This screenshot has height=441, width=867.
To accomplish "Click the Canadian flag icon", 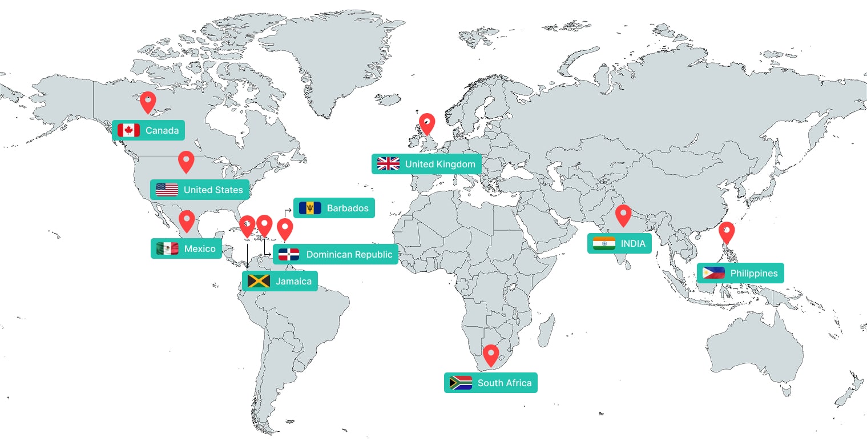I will click(x=128, y=131).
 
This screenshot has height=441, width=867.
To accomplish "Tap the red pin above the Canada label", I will click(x=148, y=102).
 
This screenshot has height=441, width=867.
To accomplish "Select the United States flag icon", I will click(x=167, y=190).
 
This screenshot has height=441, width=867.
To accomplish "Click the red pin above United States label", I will click(x=186, y=161).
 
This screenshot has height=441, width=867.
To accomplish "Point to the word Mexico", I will click(x=200, y=248).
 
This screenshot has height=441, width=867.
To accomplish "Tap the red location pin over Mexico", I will click(x=187, y=220).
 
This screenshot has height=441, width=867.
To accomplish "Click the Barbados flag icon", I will click(x=310, y=208).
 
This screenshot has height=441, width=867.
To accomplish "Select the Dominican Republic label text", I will click(x=349, y=254).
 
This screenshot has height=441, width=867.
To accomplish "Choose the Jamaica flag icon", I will click(x=259, y=281).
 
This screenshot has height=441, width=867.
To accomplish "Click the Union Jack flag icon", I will click(x=388, y=164).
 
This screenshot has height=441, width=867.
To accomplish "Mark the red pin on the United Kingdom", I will click(x=426, y=123).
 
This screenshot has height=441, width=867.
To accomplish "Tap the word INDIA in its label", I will click(x=633, y=243).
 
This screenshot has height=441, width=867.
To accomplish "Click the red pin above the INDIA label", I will click(x=623, y=215).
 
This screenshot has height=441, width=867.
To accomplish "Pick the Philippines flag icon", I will click(x=713, y=273).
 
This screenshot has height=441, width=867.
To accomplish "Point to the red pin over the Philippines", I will click(x=726, y=231).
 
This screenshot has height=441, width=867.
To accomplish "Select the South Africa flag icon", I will click(x=461, y=383).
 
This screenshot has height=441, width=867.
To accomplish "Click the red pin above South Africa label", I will click(x=491, y=354).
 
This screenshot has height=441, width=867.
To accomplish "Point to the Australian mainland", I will click(x=753, y=348).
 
